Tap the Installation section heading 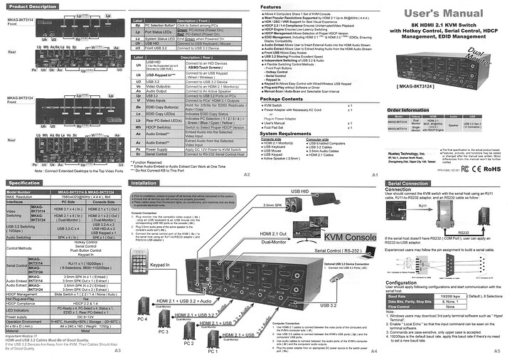tap(148, 183)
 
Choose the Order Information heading tap(407, 110)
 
